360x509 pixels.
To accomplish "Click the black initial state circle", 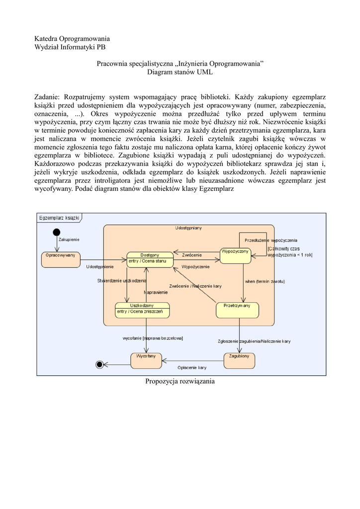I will pos(57,232).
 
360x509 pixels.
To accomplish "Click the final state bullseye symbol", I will pos(99,364).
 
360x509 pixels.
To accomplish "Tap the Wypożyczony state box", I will pos(235,255).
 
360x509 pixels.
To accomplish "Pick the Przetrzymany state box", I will pos(237,310).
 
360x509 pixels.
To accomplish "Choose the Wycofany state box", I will pos(146,360).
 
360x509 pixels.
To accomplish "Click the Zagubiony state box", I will pos(239,360).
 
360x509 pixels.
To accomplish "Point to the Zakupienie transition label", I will pos(69,239).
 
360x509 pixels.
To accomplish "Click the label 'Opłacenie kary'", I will pos(192,367).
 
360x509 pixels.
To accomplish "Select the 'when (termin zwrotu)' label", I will pos(265,281).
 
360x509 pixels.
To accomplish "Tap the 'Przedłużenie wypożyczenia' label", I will pos(270,240).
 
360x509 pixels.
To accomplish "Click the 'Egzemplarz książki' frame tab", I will pos(59,218).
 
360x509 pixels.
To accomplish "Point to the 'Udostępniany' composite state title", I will pos(188,228).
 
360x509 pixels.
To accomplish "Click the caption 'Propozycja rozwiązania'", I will pos(180,381).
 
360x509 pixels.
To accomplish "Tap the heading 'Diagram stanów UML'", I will pos(180,72).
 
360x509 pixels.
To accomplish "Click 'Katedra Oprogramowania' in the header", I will pos(72,38).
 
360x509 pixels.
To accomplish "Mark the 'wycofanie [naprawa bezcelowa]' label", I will pos(153,338).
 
